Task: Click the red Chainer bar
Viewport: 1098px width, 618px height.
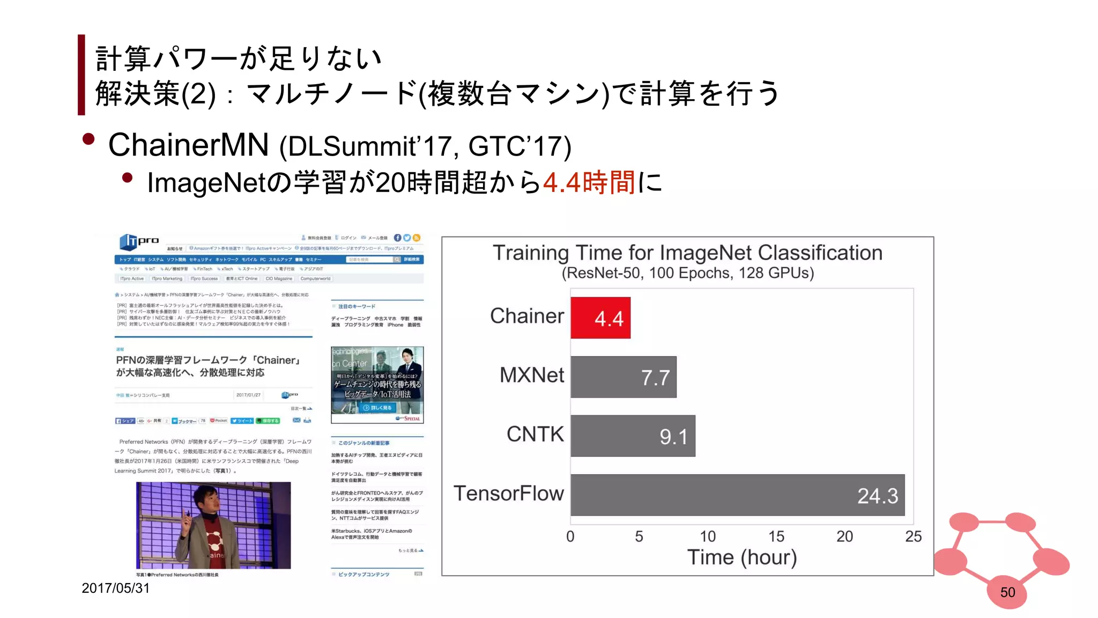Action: point(600,318)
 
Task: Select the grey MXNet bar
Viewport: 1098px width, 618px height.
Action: point(623,377)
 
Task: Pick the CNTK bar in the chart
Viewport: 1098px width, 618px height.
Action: point(633,436)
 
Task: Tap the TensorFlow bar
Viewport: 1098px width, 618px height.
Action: point(737,495)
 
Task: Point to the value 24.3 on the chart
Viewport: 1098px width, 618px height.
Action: point(877,496)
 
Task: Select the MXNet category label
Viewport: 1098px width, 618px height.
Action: point(531,375)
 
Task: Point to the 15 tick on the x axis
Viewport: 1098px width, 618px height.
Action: point(776,536)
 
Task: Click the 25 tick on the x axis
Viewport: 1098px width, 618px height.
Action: point(913,536)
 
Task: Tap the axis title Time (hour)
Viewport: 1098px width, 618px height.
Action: point(741,557)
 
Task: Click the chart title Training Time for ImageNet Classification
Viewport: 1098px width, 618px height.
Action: point(687,253)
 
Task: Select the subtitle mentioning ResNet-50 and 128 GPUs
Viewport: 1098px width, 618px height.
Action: point(687,273)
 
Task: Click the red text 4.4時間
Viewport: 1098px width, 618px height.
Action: point(589,182)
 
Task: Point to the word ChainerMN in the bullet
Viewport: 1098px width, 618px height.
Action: point(188,145)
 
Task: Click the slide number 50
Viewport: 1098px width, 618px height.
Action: point(1007,592)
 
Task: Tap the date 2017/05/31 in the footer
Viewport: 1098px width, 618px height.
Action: point(115,588)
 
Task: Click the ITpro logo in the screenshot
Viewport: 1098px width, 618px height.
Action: point(139,242)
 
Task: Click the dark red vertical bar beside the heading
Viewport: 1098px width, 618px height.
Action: point(81,75)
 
